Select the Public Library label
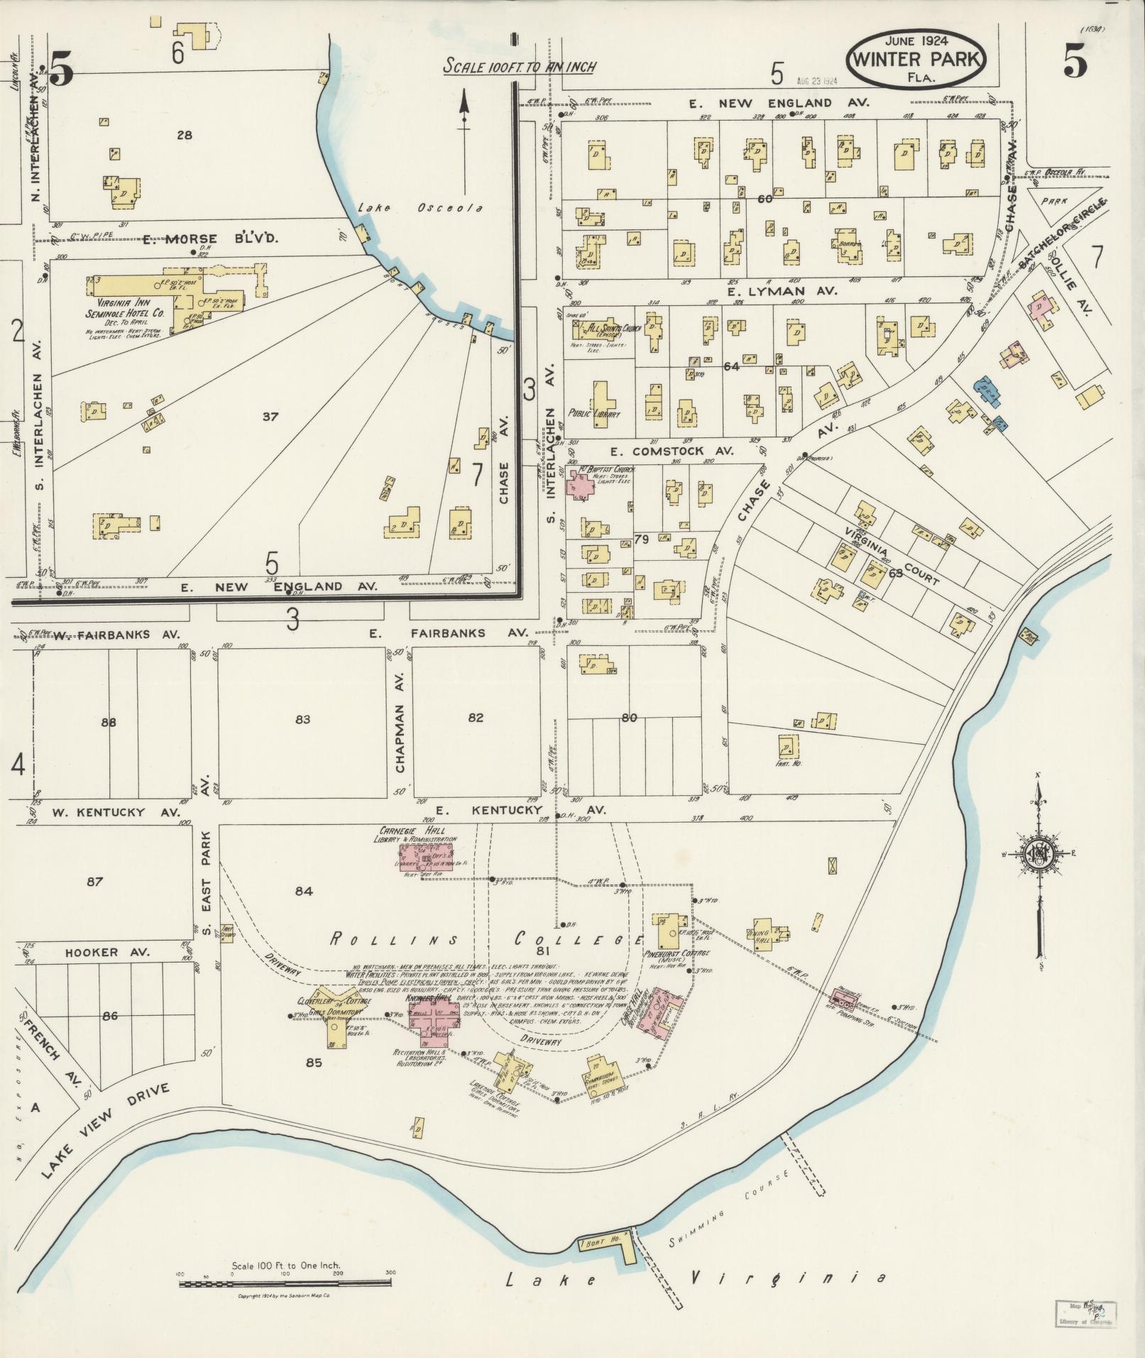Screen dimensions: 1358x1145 (593, 413)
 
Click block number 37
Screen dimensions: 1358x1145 (270, 417)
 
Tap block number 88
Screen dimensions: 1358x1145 (109, 723)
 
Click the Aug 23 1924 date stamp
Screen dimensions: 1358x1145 (817, 81)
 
